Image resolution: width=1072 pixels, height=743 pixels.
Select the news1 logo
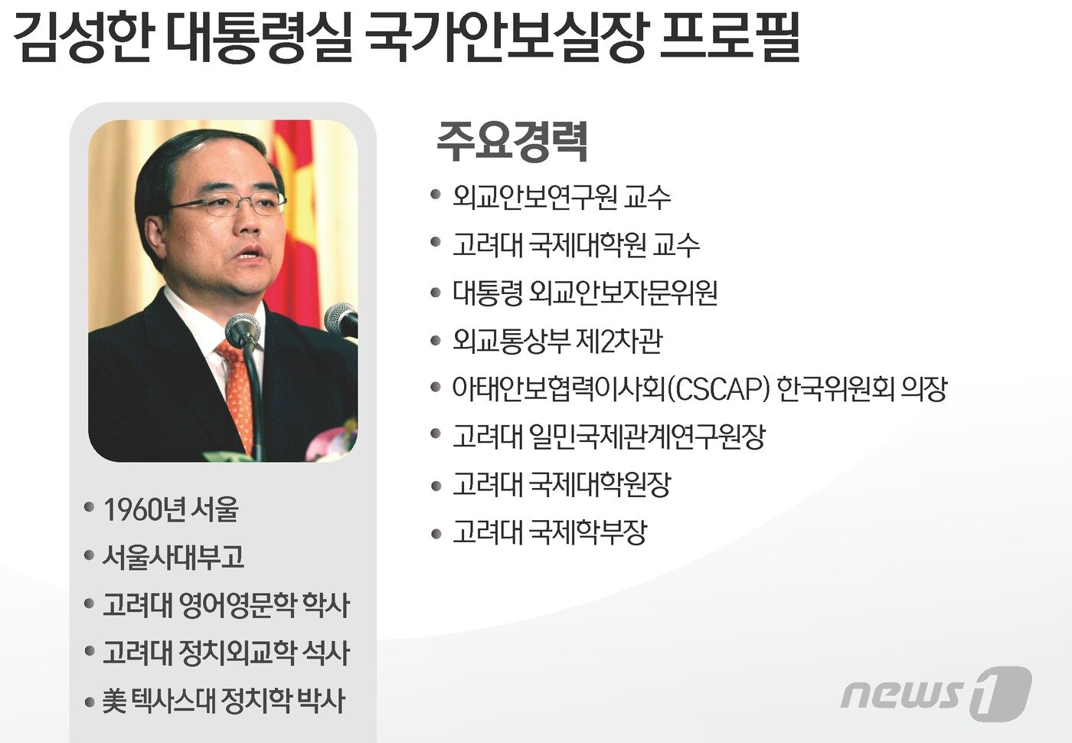pos(936,692)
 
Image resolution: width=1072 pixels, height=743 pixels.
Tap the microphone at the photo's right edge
pos(341,319)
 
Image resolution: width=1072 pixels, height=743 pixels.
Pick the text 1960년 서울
pos(171,509)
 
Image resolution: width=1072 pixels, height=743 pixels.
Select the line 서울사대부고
pos(173,557)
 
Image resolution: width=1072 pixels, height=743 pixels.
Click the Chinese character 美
pos(114,701)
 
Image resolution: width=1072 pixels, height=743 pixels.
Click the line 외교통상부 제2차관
pos(557,341)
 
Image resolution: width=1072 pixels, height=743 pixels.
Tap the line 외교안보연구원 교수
pos(561,197)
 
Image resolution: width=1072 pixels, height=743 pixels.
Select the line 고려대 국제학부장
pos(550,532)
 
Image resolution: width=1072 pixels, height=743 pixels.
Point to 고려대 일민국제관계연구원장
pos(609,437)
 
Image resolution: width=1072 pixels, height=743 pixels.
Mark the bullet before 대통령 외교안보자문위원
pos(436,293)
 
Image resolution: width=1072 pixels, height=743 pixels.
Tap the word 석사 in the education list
pos(325,653)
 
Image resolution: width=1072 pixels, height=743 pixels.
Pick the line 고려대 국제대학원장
pos(561,484)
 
